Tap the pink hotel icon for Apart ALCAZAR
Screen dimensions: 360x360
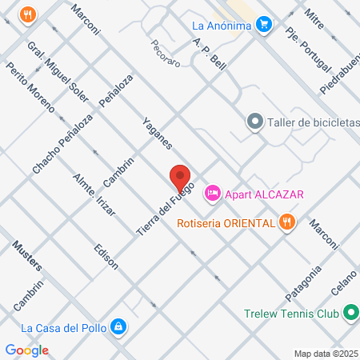click(x=213, y=193)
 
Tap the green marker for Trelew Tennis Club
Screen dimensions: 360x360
click(x=350, y=314)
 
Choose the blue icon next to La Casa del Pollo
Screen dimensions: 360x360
click(x=118, y=326)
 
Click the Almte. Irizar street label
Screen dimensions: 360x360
click(x=94, y=194)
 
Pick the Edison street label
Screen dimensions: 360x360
click(x=106, y=255)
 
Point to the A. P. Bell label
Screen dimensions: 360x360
click(x=210, y=55)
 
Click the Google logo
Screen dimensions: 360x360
click(x=27, y=350)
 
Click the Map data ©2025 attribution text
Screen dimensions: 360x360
click(x=326, y=354)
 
